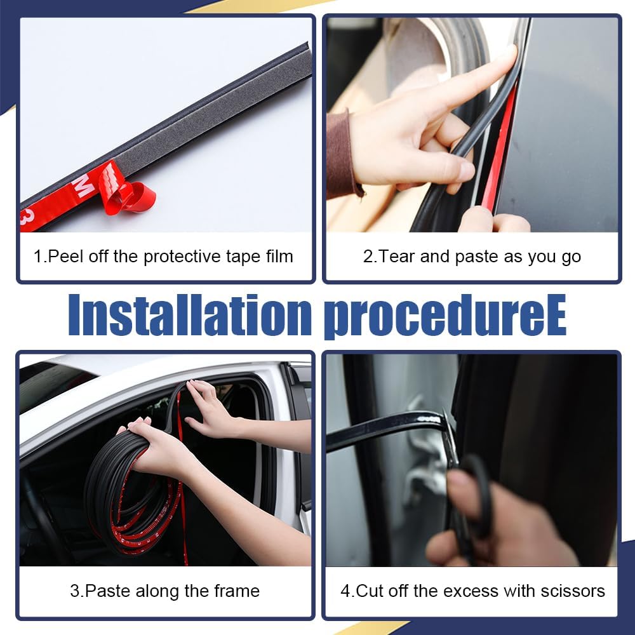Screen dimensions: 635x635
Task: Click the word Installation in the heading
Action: [x=189, y=316]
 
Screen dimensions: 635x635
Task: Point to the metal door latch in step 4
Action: [x=419, y=457]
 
